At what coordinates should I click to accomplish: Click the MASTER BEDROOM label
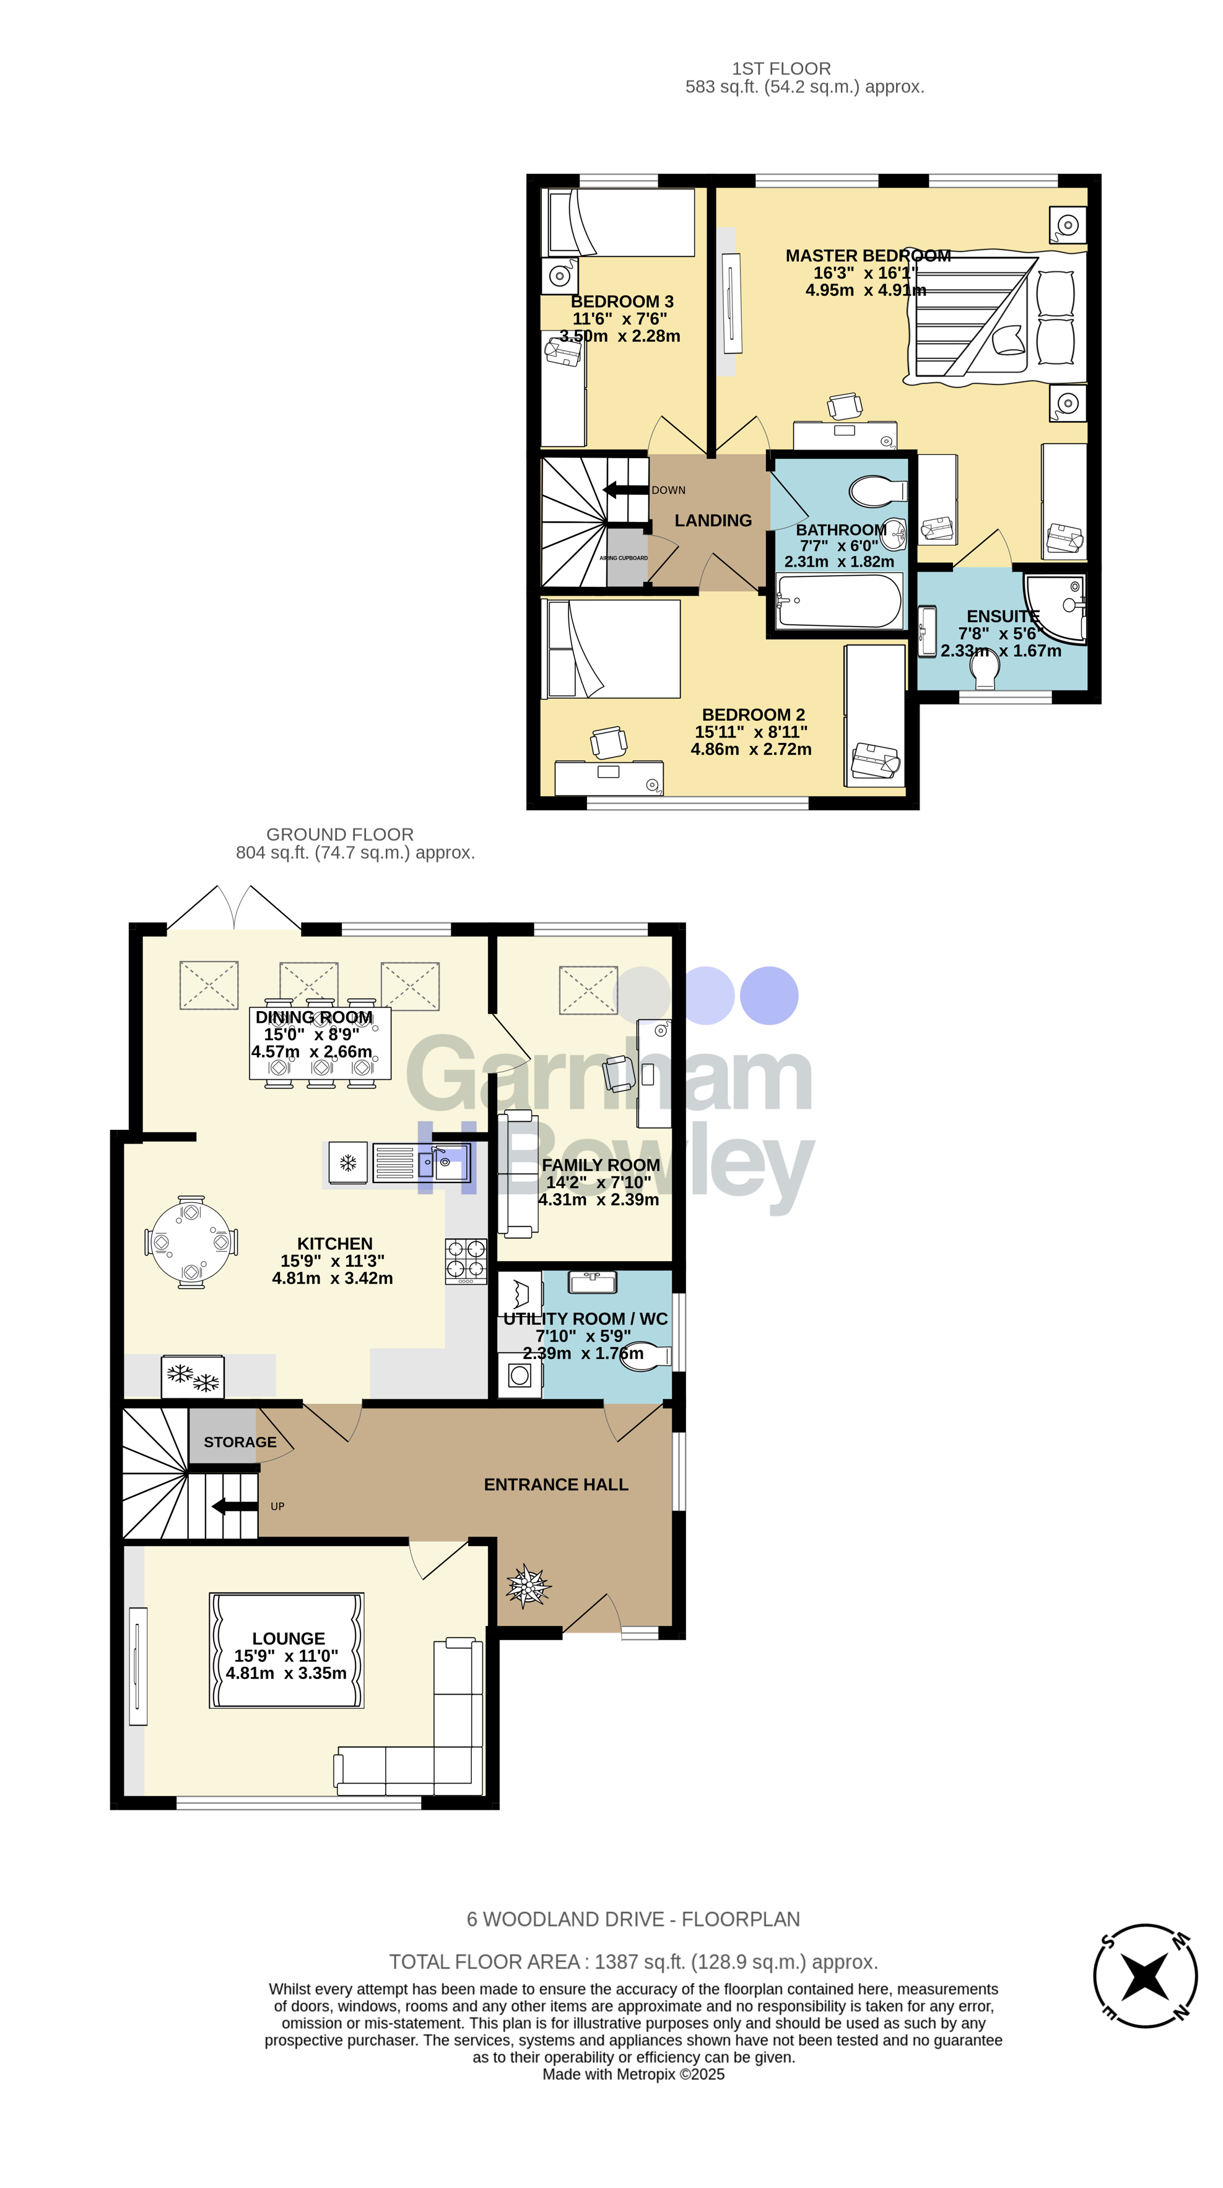pyautogui.click(x=867, y=256)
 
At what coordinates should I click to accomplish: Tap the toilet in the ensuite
pyautogui.click(x=985, y=672)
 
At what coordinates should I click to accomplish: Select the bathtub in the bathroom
pyautogui.click(x=838, y=601)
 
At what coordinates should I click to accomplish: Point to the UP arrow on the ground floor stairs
pyautogui.click(x=235, y=1506)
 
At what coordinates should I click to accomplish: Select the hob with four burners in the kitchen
pyautogui.click(x=466, y=1261)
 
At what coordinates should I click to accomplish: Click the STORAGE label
pyautogui.click(x=240, y=1442)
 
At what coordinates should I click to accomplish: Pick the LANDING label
pyautogui.click(x=713, y=521)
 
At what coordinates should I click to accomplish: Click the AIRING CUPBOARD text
pyautogui.click(x=624, y=558)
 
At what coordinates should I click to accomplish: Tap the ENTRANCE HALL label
pyautogui.click(x=555, y=1485)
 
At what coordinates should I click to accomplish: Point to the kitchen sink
pyautogui.click(x=443, y=1163)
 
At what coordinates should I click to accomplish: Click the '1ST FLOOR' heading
pyautogui.click(x=781, y=69)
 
